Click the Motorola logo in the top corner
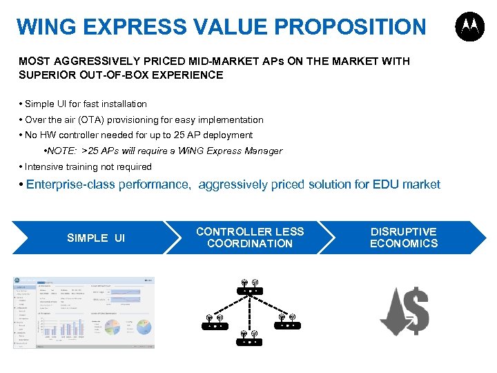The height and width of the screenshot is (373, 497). tap(469, 28)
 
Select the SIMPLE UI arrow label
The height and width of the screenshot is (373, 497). tap(96, 238)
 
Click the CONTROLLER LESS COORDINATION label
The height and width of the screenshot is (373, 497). tap(250, 238)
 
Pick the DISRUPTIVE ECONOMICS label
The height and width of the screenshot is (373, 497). tap(404, 238)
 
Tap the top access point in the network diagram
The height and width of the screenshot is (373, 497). tap(249, 287)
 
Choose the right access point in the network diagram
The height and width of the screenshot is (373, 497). tap(286, 322)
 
